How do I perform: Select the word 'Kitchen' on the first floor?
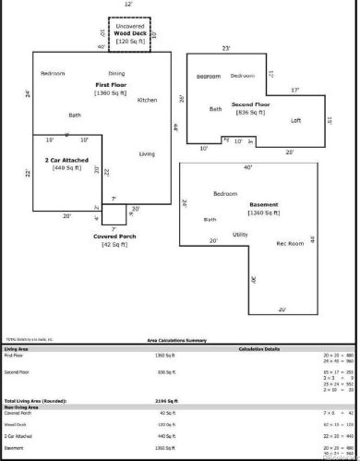[148, 100]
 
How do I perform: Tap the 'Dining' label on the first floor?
[116, 73]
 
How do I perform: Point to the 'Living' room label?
[147, 153]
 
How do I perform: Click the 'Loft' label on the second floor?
[296, 120]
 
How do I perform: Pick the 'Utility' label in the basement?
[240, 235]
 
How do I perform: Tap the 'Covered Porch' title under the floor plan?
[114, 237]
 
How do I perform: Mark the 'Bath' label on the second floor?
[215, 109]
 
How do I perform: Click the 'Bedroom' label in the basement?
[226, 194]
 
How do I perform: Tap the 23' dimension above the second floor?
[225, 48]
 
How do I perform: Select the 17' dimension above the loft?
[294, 91]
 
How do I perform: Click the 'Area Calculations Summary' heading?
[179, 340]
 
